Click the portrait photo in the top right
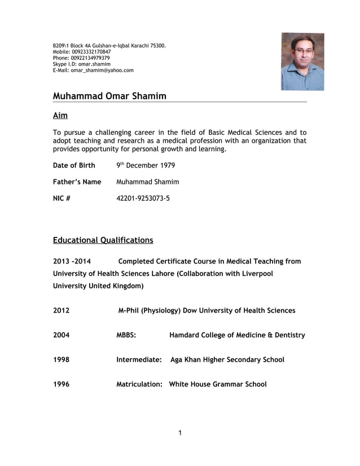pos(302,61)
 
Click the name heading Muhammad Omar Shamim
pos(109,96)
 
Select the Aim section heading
pos(60,116)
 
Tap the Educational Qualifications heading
pos(103,240)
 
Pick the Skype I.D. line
pos(81,64)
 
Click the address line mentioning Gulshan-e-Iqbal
pos(109,45)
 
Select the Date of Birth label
pos(74,166)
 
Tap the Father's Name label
pos(77,182)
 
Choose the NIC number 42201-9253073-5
pos(143,199)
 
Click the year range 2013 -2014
pos(72,261)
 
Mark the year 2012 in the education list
pos(62,310)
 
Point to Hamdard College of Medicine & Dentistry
pos(237,335)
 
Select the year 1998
pos(62,360)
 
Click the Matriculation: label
pos(139,384)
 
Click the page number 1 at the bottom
pos(179,433)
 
